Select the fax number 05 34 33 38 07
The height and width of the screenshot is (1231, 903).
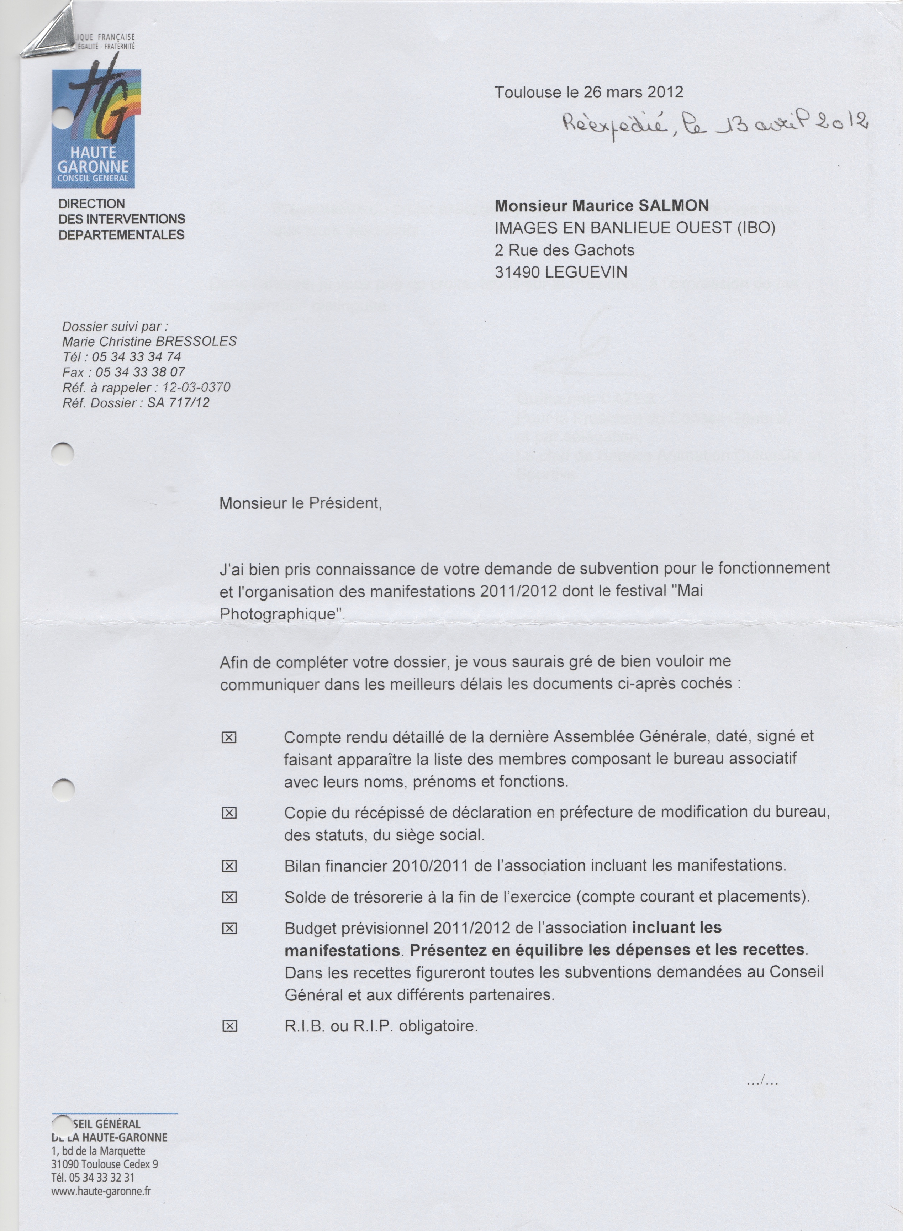coord(140,372)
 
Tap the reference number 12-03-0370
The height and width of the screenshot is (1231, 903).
coord(196,387)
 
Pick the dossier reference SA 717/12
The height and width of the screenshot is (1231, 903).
coord(178,403)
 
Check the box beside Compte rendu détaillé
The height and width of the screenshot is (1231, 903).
coord(229,738)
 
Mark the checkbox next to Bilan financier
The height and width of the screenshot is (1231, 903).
coord(229,866)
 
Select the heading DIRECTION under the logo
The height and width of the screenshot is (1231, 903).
coord(92,204)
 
